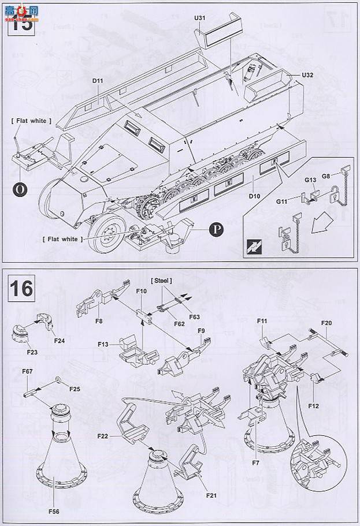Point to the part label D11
[x=97, y=81]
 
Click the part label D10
[x=255, y=197]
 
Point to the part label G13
[x=310, y=181]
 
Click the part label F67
[x=27, y=371]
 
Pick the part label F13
[x=103, y=345]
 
